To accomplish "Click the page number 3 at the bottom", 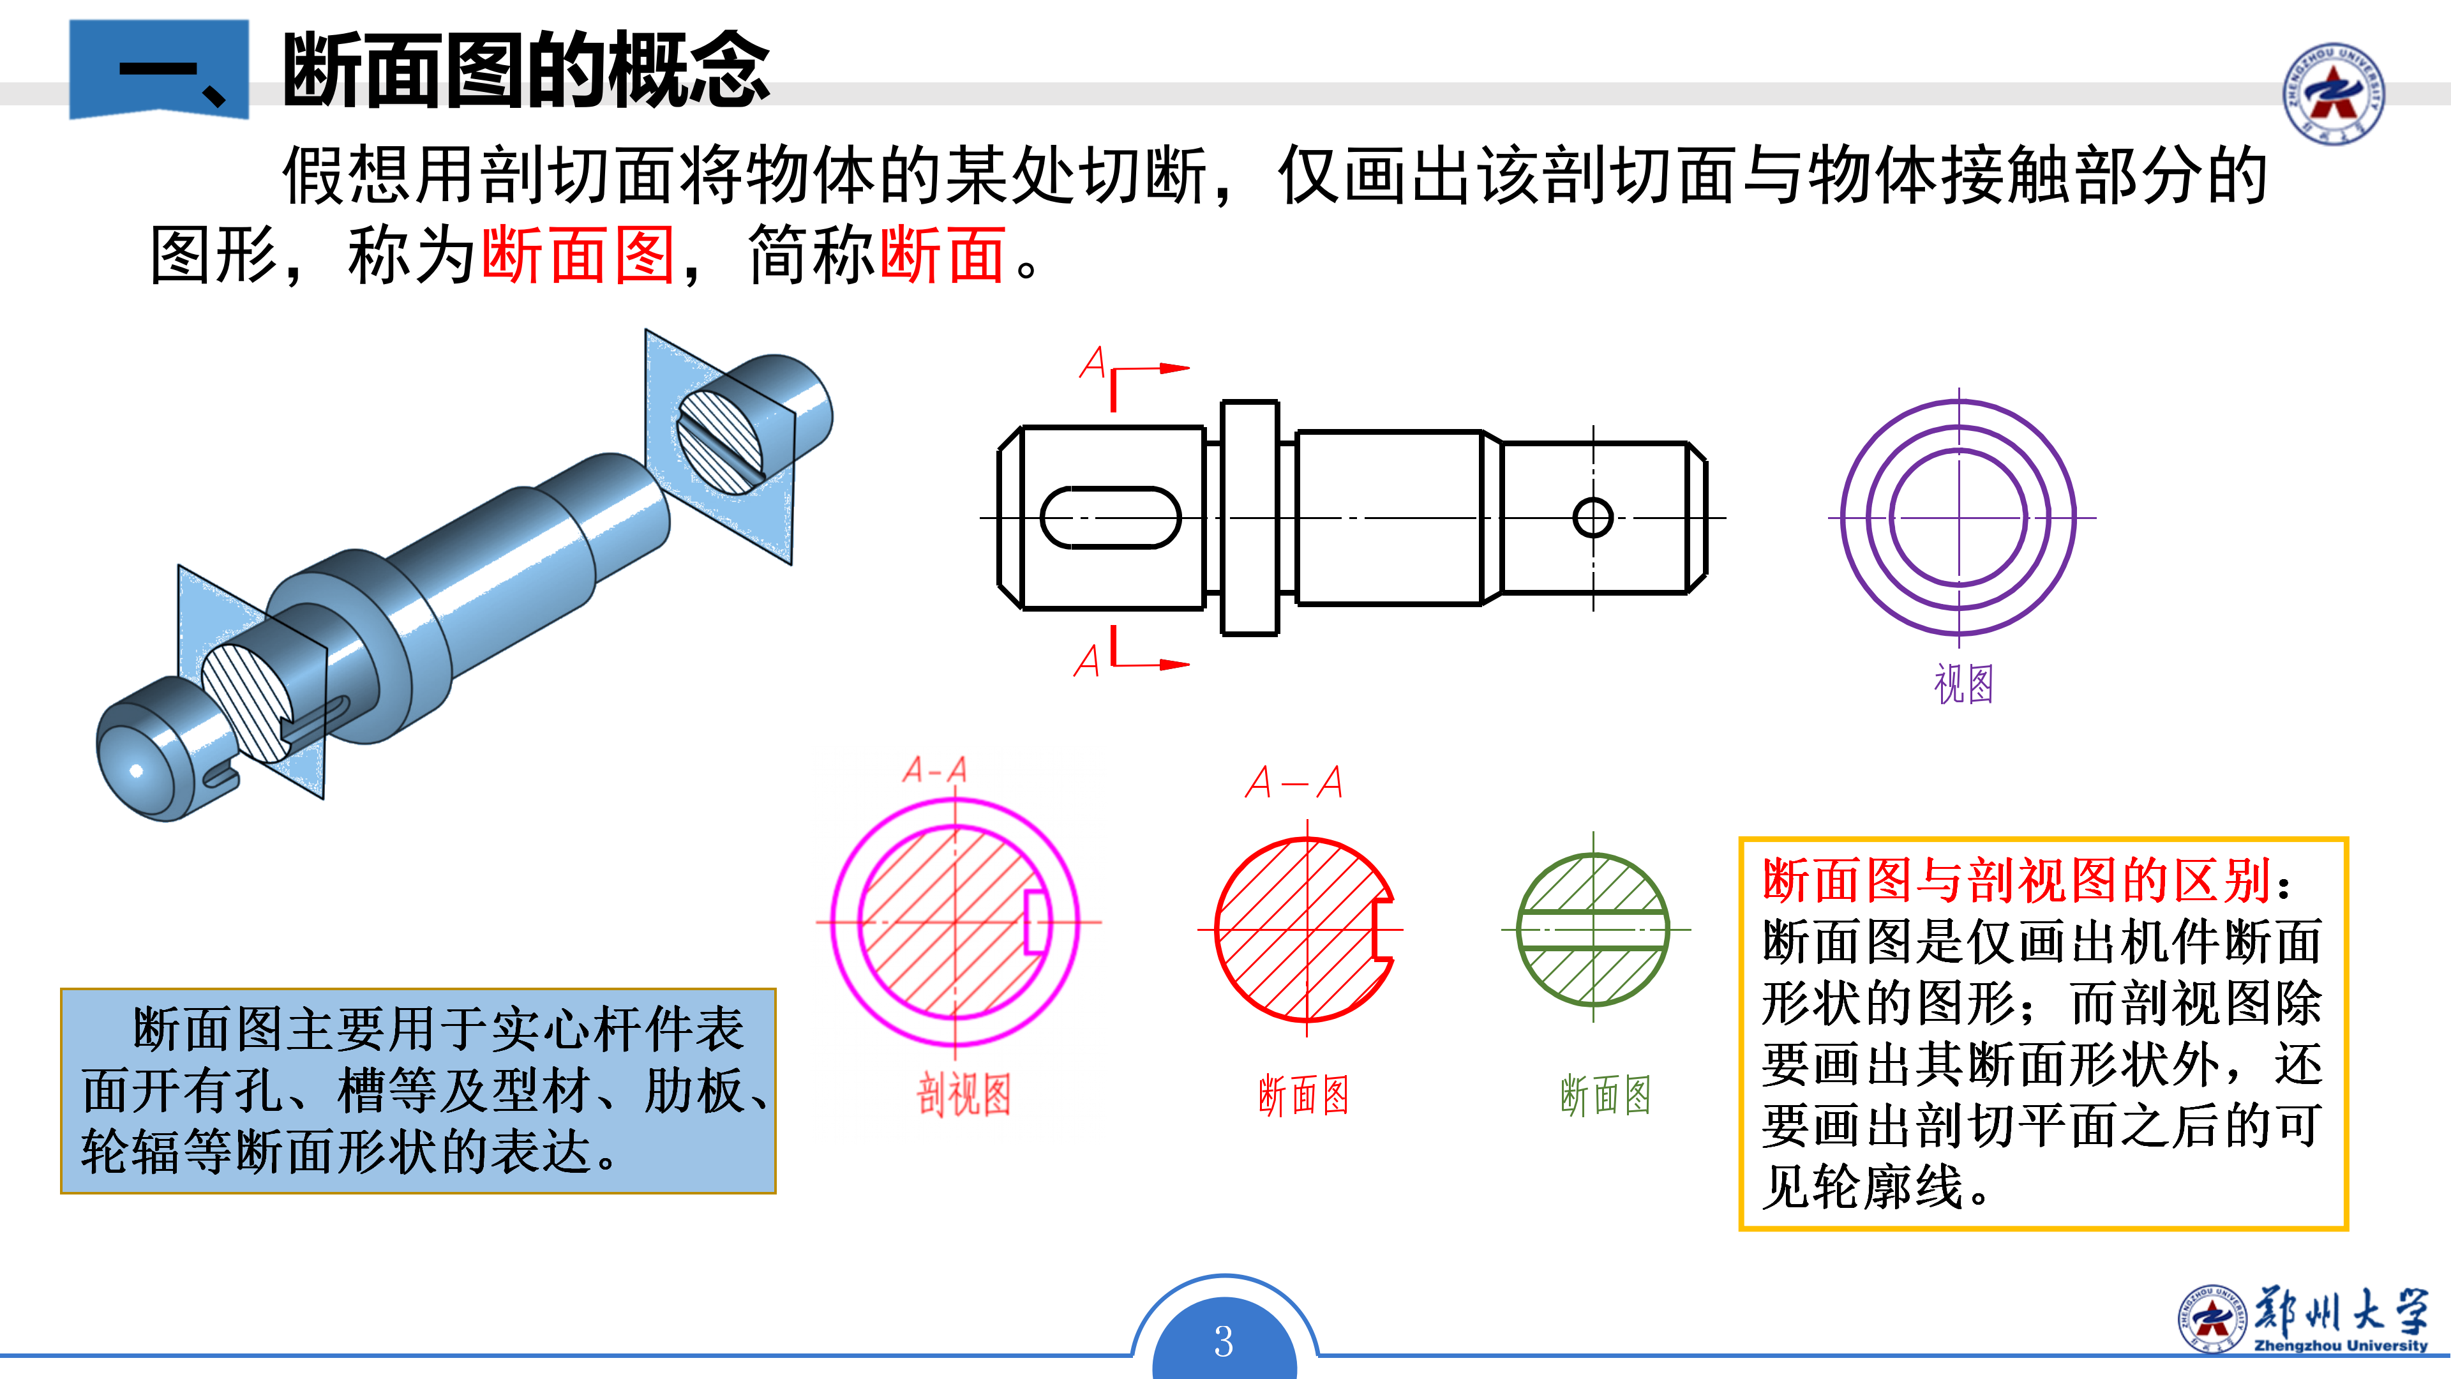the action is tap(1224, 1341).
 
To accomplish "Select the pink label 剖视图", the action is tap(963, 1094).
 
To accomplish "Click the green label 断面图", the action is tap(1605, 1094).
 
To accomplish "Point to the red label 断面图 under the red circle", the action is tap(1303, 1094).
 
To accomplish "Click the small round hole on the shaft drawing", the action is tap(1593, 518).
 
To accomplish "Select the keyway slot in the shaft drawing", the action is tap(1111, 518).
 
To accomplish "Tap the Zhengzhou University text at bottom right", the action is tap(2340, 1345).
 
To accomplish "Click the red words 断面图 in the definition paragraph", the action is tap(578, 255).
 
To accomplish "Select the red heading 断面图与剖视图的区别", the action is tap(2017, 879).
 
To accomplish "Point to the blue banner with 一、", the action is tap(159, 68).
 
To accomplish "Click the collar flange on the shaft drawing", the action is tap(1249, 518).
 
